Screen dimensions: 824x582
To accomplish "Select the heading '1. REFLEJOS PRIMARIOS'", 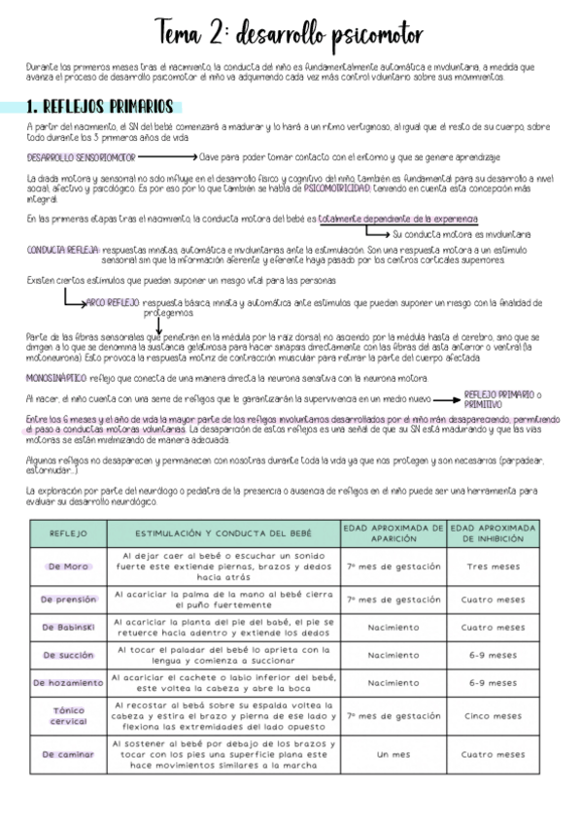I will point(100,106).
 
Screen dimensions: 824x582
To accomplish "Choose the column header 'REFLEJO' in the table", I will point(67,533).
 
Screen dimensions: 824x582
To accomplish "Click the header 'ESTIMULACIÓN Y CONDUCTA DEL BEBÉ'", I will point(223,533).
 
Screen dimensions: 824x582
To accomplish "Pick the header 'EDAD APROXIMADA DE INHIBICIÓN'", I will point(494,533).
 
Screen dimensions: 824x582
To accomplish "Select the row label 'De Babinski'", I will point(67,627).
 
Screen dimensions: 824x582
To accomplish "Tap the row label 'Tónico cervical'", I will point(67,716).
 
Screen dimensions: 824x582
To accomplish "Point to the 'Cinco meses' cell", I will point(494,716).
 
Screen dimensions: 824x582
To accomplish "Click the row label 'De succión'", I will point(67,655).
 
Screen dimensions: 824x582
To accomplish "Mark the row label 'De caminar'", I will point(67,754).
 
